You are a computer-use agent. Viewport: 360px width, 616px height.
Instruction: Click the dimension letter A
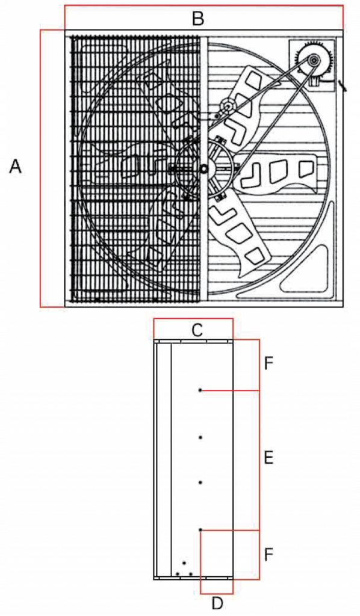click(15, 167)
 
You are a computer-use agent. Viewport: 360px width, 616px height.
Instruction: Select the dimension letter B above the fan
click(197, 19)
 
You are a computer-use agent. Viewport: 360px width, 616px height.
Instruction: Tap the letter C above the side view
click(197, 331)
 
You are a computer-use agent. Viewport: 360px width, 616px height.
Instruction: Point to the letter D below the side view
click(217, 602)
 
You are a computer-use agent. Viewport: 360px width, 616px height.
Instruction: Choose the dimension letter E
click(268, 458)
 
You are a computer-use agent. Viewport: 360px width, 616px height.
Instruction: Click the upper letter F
click(268, 364)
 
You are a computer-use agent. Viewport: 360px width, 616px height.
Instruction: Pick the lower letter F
click(268, 555)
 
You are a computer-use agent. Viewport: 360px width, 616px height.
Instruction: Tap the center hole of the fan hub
click(203, 169)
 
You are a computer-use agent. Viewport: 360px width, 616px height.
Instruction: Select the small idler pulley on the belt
click(228, 105)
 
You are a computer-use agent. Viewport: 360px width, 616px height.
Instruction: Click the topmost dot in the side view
click(200, 390)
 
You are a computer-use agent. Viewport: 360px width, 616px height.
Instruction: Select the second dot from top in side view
click(200, 437)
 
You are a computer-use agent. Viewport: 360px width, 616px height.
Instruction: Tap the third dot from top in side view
click(200, 482)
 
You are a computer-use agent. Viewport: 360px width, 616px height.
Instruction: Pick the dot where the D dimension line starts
click(200, 530)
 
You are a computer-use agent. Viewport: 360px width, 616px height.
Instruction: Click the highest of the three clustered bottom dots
click(184, 563)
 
